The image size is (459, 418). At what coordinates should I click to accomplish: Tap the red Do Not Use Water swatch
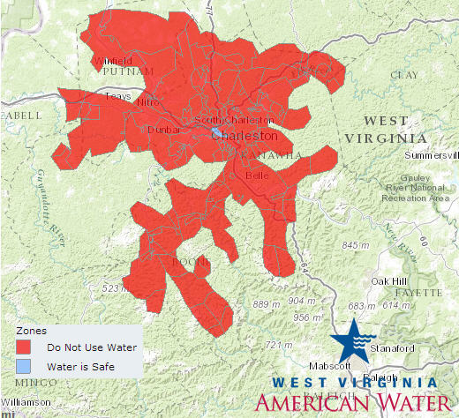coord(26,347)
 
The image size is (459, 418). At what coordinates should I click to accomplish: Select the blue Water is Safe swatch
coord(26,366)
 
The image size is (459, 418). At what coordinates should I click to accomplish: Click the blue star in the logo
coord(350,340)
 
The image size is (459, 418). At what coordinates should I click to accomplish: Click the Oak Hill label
coord(393,280)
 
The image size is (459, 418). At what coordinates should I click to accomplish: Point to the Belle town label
coord(256,175)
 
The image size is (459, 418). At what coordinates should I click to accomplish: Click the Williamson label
coord(26,402)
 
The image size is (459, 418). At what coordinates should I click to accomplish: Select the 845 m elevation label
coord(356,244)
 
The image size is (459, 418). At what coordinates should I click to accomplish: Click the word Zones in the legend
coord(32,330)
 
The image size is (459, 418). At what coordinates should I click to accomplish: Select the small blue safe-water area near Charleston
coord(217,132)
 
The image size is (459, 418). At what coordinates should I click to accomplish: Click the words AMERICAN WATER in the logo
coord(351,403)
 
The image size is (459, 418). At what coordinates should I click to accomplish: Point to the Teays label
coord(117,96)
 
